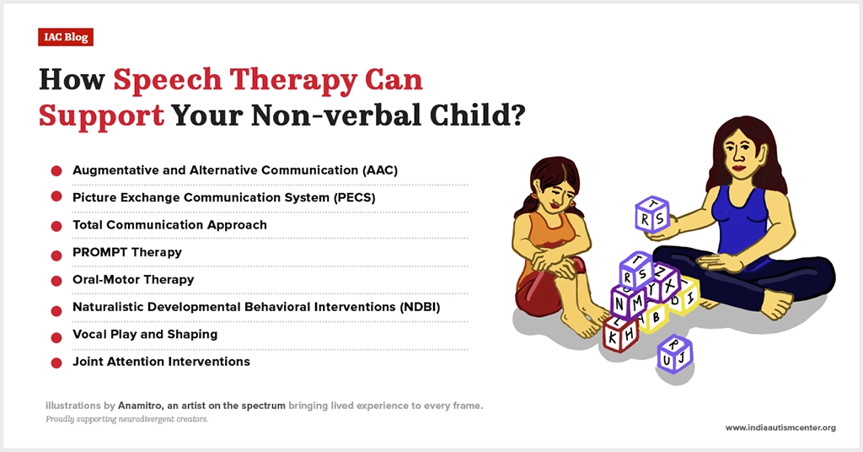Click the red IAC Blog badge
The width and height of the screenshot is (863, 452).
click(66, 37)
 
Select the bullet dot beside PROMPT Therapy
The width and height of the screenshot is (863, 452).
click(56, 255)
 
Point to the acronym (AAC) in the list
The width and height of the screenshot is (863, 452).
click(380, 170)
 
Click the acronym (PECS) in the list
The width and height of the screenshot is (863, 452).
click(355, 197)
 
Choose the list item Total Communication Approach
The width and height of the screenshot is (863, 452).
click(169, 224)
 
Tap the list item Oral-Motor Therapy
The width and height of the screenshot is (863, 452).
click(133, 279)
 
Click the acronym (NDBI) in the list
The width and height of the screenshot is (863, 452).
click(420, 307)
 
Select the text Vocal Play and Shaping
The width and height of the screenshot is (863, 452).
click(145, 334)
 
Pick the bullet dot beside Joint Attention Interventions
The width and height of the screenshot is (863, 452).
click(56, 363)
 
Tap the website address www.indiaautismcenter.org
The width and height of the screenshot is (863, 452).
click(780, 428)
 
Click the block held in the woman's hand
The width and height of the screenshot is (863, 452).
click(652, 214)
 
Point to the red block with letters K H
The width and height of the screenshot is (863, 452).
click(621, 333)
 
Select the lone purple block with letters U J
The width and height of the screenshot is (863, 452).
click(674, 352)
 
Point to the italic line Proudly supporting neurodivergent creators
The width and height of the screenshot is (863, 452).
click(127, 419)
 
